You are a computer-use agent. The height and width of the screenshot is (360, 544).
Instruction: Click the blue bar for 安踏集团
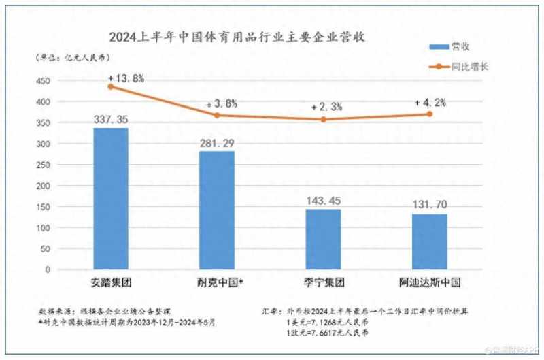[x=111, y=199]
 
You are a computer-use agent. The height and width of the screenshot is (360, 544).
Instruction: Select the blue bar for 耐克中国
[x=217, y=210]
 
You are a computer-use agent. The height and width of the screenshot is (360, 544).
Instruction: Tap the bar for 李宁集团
[x=323, y=239]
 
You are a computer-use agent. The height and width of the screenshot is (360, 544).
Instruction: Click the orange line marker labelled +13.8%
[x=111, y=86]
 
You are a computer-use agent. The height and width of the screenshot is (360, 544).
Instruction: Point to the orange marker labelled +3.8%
[x=217, y=115]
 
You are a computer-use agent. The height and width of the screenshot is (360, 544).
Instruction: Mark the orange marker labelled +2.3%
[x=323, y=119]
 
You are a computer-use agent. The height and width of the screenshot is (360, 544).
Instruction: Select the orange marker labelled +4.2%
[x=430, y=114]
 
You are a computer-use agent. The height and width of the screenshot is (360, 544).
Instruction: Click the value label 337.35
[x=111, y=120]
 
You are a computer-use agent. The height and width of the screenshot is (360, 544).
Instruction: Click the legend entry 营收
[x=454, y=46]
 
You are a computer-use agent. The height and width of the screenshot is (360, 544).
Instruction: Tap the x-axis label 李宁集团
[x=324, y=282]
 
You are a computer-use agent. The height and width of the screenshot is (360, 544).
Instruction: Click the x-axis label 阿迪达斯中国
[x=430, y=282]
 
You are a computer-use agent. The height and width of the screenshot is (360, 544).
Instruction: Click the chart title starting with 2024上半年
[x=238, y=37]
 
